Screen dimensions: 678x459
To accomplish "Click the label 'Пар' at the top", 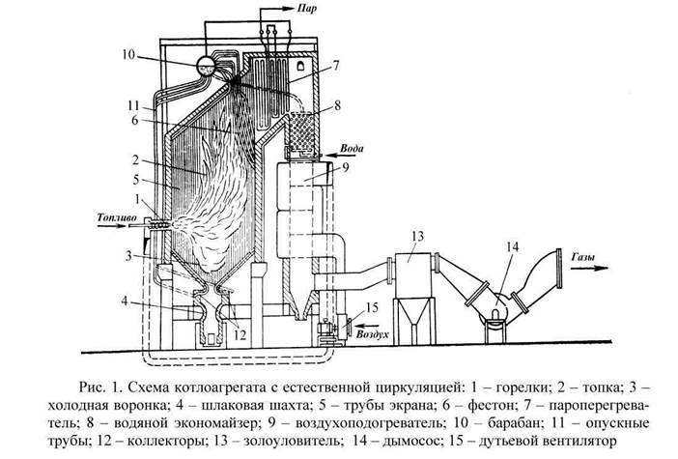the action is coord(306,9).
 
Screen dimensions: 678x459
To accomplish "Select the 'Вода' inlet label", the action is coord(352,149).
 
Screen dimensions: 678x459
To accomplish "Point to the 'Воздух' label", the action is coord(372,334).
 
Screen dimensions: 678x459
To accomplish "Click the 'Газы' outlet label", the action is coord(583,257).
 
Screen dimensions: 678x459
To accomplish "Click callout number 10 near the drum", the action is coord(128,55).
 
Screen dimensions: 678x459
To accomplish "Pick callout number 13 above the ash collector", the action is coord(417,236).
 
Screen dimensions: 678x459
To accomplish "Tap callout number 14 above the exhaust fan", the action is coord(512,247).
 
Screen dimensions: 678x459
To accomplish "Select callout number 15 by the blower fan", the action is coord(372,307).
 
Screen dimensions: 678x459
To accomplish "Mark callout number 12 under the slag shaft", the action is coord(240,334).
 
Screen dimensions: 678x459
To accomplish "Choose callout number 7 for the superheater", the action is coord(335,66).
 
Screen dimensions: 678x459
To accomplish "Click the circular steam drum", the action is coord(206,66).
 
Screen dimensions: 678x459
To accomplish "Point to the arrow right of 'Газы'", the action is coord(589,269).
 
